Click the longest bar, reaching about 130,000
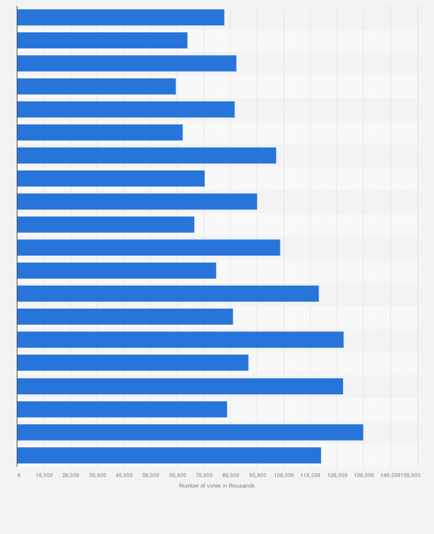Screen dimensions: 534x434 [190, 432]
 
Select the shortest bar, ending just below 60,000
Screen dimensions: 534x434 [97, 86]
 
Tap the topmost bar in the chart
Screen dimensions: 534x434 [121, 17]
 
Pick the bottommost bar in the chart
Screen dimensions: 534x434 [169, 455]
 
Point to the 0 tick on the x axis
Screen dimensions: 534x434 [18, 475]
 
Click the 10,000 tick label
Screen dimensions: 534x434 [44, 475]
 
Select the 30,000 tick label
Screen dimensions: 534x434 [97, 475]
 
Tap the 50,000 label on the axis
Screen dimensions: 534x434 [151, 475]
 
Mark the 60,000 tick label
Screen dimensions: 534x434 [177, 475]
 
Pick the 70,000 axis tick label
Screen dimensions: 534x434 [204, 475]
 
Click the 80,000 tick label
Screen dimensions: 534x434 [230, 475]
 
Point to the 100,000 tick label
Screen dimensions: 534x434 [284, 475]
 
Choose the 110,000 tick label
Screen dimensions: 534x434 [310, 475]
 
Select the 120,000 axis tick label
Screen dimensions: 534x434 [337, 475]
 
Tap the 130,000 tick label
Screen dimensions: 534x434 [364, 475]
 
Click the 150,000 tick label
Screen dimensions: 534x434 [410, 475]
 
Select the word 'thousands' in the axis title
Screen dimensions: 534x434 [242, 486]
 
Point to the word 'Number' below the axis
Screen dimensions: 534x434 [189, 486]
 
